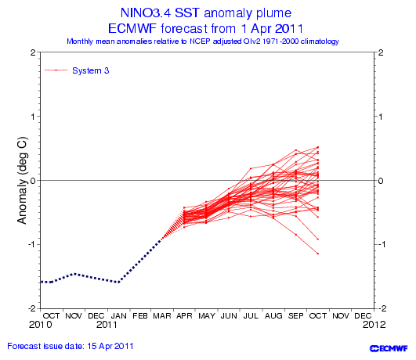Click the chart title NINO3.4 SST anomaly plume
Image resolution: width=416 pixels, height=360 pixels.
(x=206, y=13)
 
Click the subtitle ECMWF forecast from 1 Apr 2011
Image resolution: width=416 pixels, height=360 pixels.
(x=205, y=28)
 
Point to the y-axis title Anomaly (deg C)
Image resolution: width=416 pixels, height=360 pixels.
(x=22, y=180)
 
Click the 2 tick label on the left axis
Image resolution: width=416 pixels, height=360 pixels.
(x=33, y=52)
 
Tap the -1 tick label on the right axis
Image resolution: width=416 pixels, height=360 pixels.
(x=380, y=244)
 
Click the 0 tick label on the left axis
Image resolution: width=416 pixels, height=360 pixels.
(x=33, y=181)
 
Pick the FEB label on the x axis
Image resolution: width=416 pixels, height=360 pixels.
(x=139, y=315)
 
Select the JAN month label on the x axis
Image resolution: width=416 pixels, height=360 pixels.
(x=118, y=315)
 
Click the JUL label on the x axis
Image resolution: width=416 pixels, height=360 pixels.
(x=251, y=315)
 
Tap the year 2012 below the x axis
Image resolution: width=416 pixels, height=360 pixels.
(x=374, y=325)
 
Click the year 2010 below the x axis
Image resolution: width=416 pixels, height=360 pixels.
(x=40, y=325)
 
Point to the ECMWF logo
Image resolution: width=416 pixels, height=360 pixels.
(x=389, y=348)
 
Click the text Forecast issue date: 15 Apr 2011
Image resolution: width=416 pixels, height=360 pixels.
(x=71, y=346)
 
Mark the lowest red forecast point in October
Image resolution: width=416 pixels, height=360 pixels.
(x=318, y=254)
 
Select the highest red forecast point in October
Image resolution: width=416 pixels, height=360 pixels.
(x=318, y=147)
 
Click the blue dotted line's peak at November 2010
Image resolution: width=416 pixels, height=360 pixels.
(x=74, y=273)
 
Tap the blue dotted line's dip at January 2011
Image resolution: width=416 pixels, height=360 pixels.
(x=118, y=283)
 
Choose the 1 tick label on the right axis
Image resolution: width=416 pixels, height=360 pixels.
(x=381, y=117)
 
